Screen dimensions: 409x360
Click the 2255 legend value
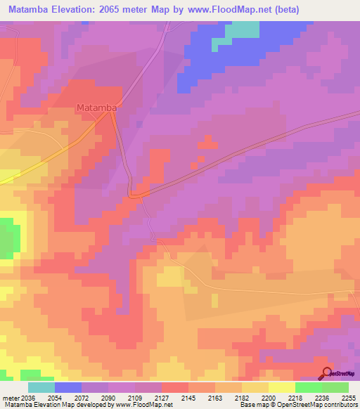[349, 398]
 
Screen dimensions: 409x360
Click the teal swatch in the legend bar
[41, 387]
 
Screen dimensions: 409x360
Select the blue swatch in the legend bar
[67, 387]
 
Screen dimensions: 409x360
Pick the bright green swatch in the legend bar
[308, 387]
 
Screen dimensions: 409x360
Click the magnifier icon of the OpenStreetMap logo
[325, 375]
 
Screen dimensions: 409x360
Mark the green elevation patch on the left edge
[8, 238]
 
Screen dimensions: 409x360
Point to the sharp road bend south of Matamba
[132, 193]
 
